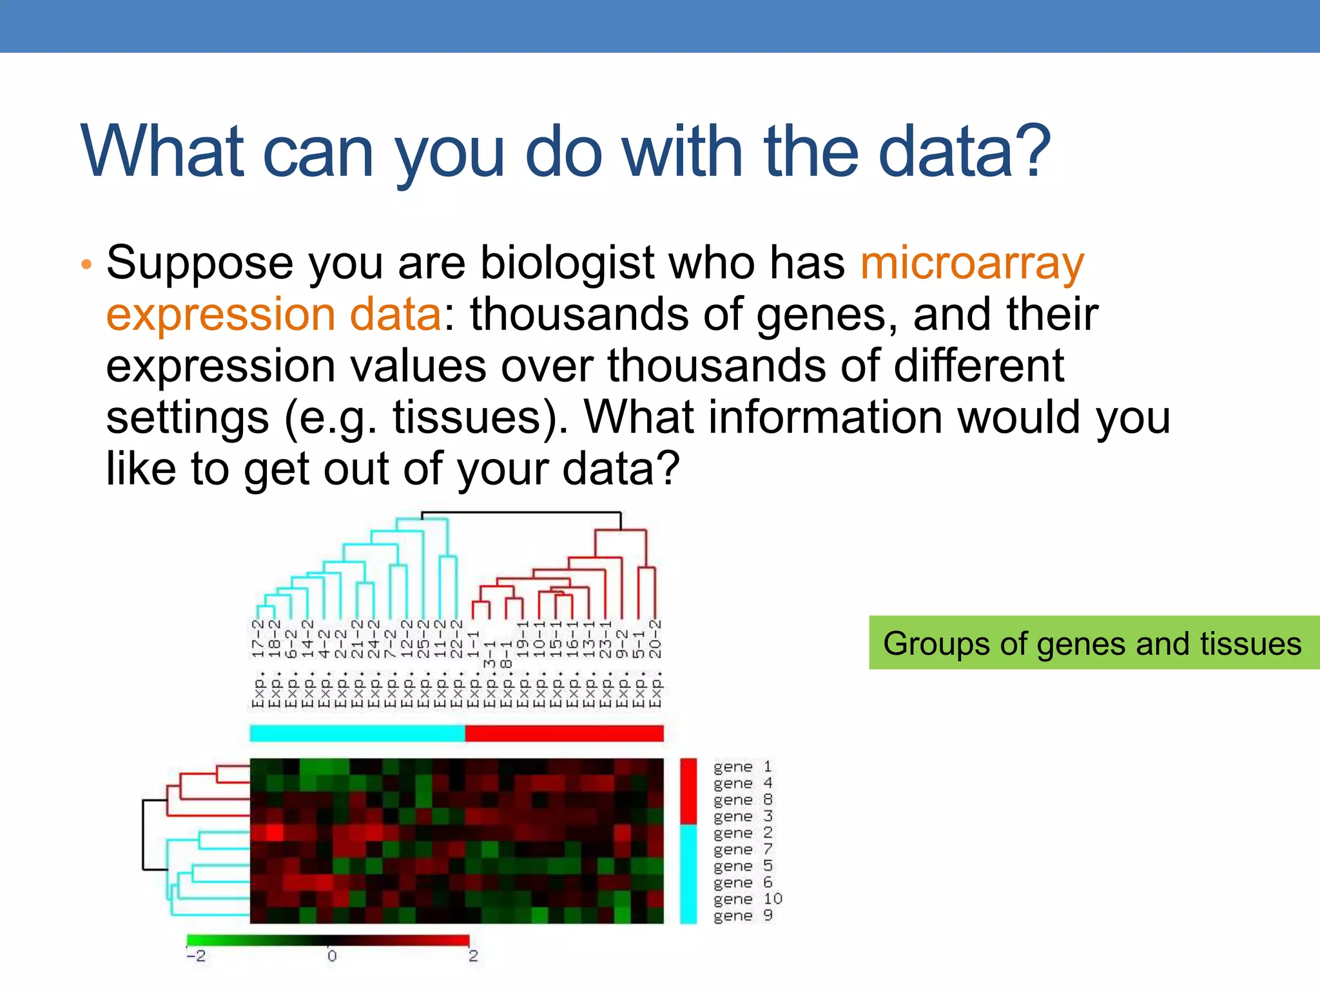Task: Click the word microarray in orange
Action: click(972, 264)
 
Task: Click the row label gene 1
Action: click(742, 767)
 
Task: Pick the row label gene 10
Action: click(747, 899)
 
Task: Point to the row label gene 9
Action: click(742, 916)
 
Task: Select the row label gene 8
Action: click(742, 800)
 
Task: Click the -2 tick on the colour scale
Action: click(196, 955)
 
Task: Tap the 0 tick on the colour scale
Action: click(331, 955)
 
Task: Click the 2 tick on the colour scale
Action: click(473, 955)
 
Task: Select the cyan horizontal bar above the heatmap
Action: click(357, 733)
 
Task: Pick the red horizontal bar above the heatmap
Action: click(564, 733)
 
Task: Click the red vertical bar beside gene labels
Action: click(688, 791)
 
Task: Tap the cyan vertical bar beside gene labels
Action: click(688, 874)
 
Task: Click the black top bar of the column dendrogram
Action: click(521, 513)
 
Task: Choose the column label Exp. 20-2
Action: click(655, 664)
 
